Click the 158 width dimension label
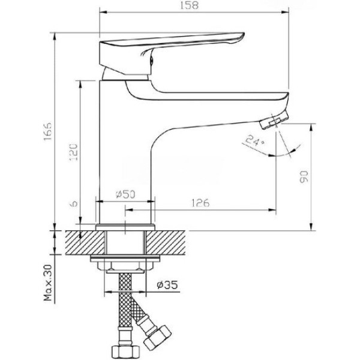point(189,5)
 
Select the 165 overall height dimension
point(48,131)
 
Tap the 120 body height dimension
point(74,152)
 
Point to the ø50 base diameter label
point(125,194)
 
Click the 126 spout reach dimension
point(200,203)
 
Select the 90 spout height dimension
point(304,176)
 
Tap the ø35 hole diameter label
point(167,285)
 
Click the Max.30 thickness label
point(48,283)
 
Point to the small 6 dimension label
point(74,203)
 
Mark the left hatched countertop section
point(85,242)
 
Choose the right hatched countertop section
point(166,242)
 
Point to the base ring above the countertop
point(125,227)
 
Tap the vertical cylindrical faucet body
point(125,152)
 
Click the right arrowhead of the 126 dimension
point(272,209)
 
